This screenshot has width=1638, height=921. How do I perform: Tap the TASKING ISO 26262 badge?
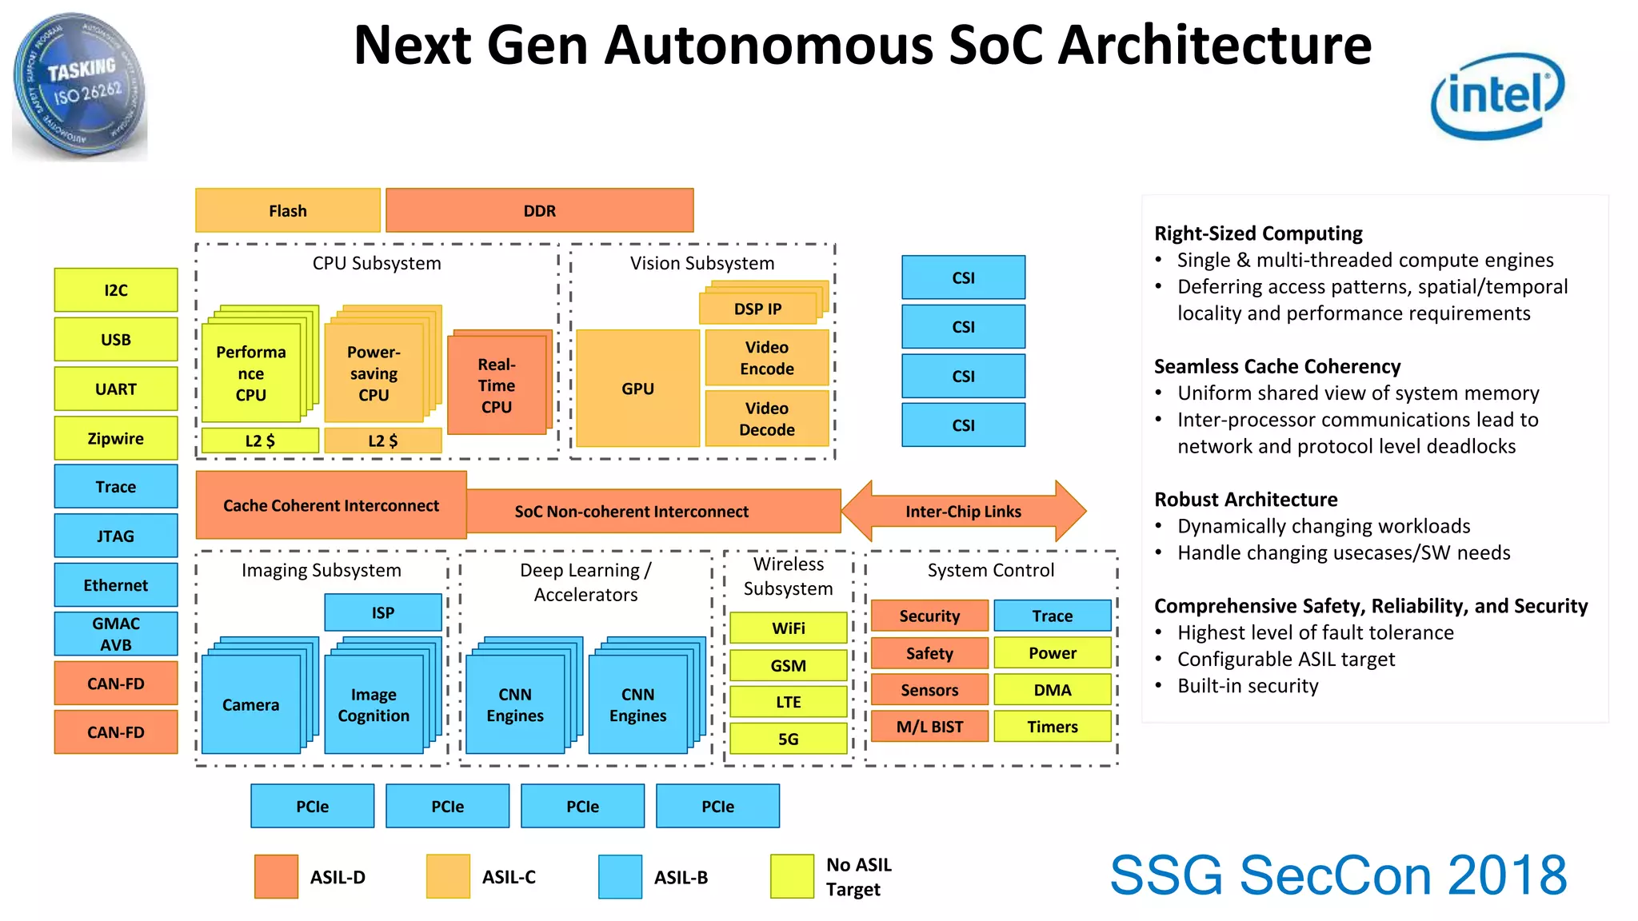pos(79,86)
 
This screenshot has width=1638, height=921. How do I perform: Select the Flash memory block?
pos(287,211)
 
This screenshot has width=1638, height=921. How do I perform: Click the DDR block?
pos(539,211)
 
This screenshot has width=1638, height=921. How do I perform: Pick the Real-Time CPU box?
pos(496,385)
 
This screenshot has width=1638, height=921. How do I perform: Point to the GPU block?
pos(637,389)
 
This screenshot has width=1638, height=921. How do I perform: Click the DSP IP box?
pos(757,309)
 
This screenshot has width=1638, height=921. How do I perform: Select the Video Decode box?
pos(766,419)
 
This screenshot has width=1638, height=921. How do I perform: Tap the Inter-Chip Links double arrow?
pos(963,512)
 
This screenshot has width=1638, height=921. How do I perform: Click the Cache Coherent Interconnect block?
pos(330,505)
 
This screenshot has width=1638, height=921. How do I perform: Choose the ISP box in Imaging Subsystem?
pos(382,612)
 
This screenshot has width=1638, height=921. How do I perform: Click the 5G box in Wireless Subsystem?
pos(788,739)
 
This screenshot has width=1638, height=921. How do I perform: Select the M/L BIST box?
pos(929,727)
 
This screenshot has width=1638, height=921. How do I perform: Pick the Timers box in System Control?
pos(1052,727)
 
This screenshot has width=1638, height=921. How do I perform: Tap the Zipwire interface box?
pos(116,438)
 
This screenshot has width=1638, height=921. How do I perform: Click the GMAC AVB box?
pos(116,634)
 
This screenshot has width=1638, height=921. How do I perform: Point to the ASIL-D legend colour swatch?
pos(276,876)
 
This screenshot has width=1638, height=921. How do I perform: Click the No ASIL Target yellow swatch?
pos(791,876)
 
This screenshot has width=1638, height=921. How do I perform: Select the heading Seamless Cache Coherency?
pos(1276,366)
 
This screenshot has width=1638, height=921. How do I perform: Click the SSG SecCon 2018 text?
pos(1337,875)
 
